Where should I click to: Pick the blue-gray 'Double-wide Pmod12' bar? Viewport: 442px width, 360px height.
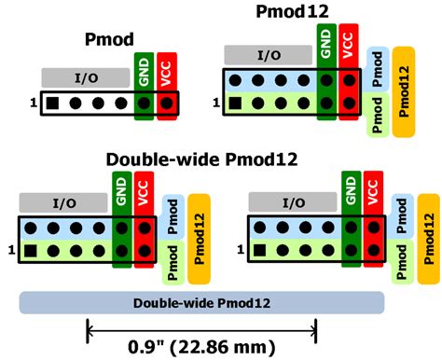202,302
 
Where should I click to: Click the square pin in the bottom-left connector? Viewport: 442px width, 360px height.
33,250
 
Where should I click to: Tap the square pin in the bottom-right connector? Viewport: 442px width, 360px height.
260,249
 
